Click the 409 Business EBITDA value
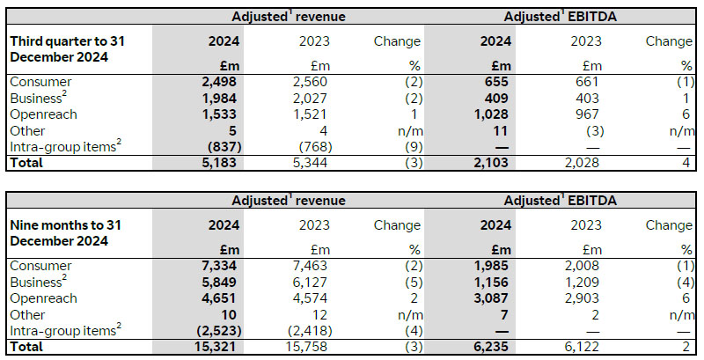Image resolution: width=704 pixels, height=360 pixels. click(486, 99)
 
